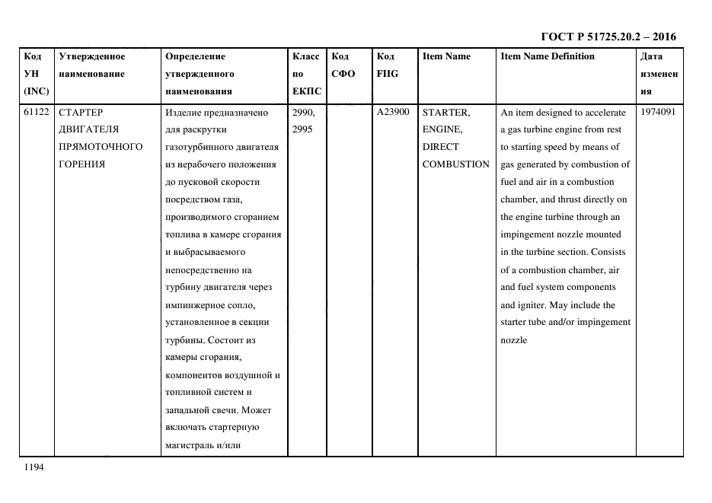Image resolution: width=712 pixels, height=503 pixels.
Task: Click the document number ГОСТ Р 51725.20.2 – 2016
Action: pyautogui.click(x=608, y=37)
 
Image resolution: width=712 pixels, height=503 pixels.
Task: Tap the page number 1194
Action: pyautogui.click(x=34, y=467)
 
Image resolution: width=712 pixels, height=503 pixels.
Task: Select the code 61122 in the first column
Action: pyautogui.click(x=37, y=113)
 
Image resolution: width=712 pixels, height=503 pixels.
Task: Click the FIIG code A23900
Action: pyautogui.click(x=392, y=113)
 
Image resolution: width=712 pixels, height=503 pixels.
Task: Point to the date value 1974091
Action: pyautogui.click(x=658, y=113)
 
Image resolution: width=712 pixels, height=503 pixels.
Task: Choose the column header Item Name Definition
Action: pyautogui.click(x=548, y=56)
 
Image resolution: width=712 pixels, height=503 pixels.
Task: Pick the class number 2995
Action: pyautogui.click(x=302, y=130)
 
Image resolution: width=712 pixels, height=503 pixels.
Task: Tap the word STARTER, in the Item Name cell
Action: pyautogui.click(x=445, y=113)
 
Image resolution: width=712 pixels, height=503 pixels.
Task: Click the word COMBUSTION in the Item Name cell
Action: pyautogui.click(x=455, y=164)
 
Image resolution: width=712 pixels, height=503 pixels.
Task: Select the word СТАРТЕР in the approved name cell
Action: pyautogui.click(x=80, y=113)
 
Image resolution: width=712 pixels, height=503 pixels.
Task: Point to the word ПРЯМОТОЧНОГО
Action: pyautogui.click(x=101, y=147)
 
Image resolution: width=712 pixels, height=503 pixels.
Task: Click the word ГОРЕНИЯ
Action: pyautogui.click(x=81, y=164)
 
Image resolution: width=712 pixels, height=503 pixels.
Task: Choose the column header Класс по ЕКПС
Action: pyautogui.click(x=306, y=74)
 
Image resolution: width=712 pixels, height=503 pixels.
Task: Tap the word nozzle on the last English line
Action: pyautogui.click(x=513, y=339)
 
